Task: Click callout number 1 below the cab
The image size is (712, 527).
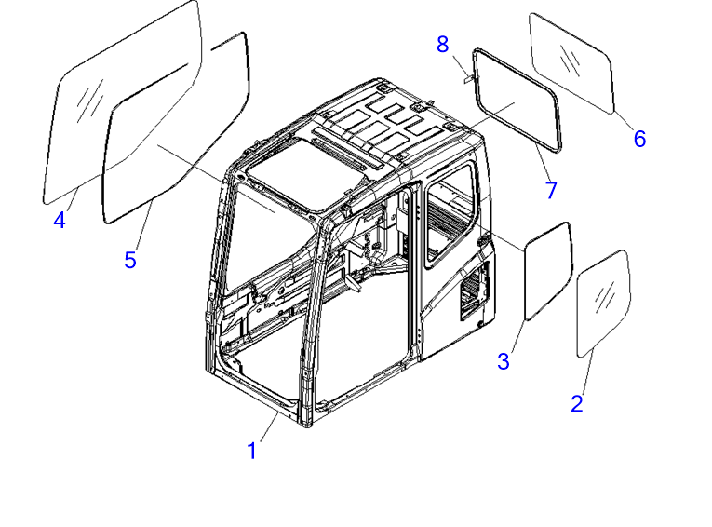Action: click(x=252, y=451)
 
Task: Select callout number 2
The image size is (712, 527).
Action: click(x=577, y=403)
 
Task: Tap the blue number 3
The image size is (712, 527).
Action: click(x=504, y=361)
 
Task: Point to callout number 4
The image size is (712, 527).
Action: click(x=60, y=221)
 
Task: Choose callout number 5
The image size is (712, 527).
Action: click(x=130, y=260)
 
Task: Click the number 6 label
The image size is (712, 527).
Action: click(x=639, y=139)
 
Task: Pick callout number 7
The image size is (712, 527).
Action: click(x=551, y=190)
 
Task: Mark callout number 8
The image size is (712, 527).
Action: click(x=443, y=45)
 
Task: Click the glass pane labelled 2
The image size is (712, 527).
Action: click(x=603, y=303)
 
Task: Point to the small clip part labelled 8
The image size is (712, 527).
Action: click(x=468, y=78)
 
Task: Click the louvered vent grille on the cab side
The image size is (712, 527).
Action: click(x=475, y=291)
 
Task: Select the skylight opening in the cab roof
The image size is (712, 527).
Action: click(x=304, y=173)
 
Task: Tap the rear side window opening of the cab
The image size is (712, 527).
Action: click(x=450, y=215)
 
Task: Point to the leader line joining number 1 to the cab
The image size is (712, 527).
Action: click(x=269, y=426)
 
